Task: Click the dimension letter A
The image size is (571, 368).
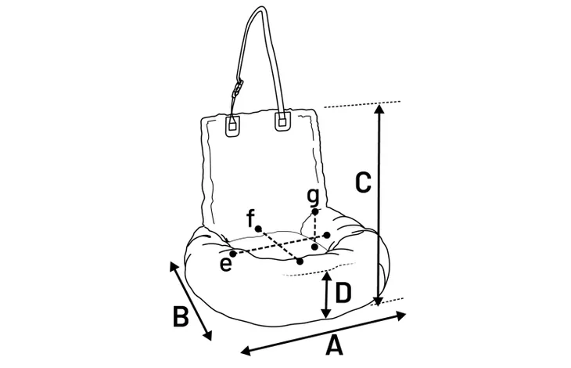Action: pos(334,346)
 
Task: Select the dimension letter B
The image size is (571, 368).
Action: pos(181,316)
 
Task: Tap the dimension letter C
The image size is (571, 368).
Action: pos(363,182)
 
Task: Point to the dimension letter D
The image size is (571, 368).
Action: pos(343,294)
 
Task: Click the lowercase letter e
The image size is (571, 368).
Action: pos(226,264)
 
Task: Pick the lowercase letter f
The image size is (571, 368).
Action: pos(250,218)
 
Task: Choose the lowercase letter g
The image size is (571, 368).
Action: pos(313,197)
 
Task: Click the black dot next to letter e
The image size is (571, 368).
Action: pos(233,253)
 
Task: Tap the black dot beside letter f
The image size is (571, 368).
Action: pos(258,229)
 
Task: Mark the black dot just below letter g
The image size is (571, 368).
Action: pos(315,211)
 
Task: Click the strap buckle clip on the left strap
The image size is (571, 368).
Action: pos(238,89)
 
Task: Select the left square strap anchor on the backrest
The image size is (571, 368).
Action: pos(232,125)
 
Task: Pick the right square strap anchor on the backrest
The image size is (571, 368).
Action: pos(282,121)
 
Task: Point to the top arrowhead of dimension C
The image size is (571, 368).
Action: pos(379,109)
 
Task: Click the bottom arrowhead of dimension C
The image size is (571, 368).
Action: pos(379,301)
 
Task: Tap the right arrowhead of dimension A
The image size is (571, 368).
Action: pos(401,316)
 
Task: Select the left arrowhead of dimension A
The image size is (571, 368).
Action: pos(246,352)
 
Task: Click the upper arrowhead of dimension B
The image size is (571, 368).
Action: pos(174,266)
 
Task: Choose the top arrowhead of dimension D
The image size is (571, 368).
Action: pos(327,276)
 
